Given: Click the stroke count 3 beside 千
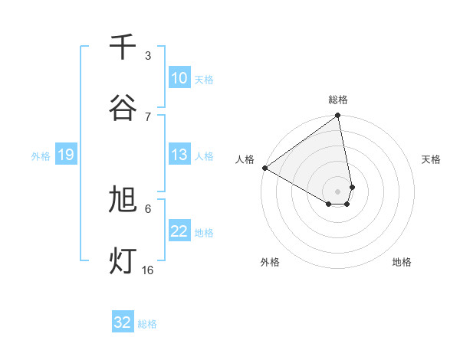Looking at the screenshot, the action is coord(148,56).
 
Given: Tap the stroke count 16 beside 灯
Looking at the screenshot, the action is coord(148,270).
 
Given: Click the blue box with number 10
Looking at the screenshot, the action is coord(179,78).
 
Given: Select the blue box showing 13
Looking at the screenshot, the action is coord(179,155).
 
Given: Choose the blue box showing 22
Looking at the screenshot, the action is coord(179,232).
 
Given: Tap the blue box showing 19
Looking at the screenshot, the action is coord(65,155).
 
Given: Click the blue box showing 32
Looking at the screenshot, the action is coord(123,322).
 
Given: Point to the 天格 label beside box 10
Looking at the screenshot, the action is coord(204,79).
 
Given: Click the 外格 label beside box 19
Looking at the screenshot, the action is coord(41,156).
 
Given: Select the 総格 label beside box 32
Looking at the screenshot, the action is coord(147,323).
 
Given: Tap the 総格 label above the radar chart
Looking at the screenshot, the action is coord(338,100).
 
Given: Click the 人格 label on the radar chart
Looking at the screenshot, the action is coord(245,159).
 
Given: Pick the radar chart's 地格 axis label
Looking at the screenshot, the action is coord(402,262).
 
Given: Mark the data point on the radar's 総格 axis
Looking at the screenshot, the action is coord(338,116).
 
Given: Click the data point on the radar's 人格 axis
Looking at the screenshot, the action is coord(264,168).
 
